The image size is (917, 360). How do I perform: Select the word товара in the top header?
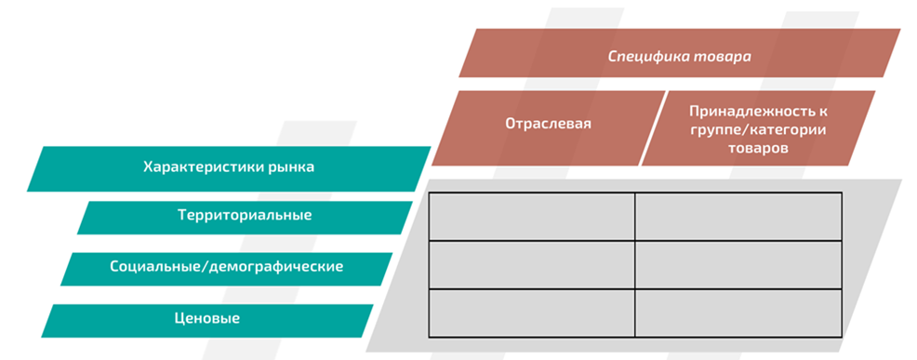(723, 56)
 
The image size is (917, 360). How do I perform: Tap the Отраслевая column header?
(548, 123)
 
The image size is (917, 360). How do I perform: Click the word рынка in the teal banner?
(289, 167)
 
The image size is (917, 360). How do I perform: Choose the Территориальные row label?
(244, 216)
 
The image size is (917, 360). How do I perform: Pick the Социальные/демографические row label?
(227, 267)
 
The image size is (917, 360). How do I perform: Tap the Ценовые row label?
(207, 318)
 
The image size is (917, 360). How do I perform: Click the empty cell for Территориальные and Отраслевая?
(531, 216)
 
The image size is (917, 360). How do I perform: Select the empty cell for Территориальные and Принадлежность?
(738, 216)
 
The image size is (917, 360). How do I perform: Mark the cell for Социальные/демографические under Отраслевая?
(531, 264)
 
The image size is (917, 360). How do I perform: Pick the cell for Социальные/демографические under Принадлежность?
(738, 264)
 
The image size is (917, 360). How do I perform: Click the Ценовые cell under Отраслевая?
(531, 313)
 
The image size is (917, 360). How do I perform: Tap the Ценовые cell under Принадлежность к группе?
(738, 313)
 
